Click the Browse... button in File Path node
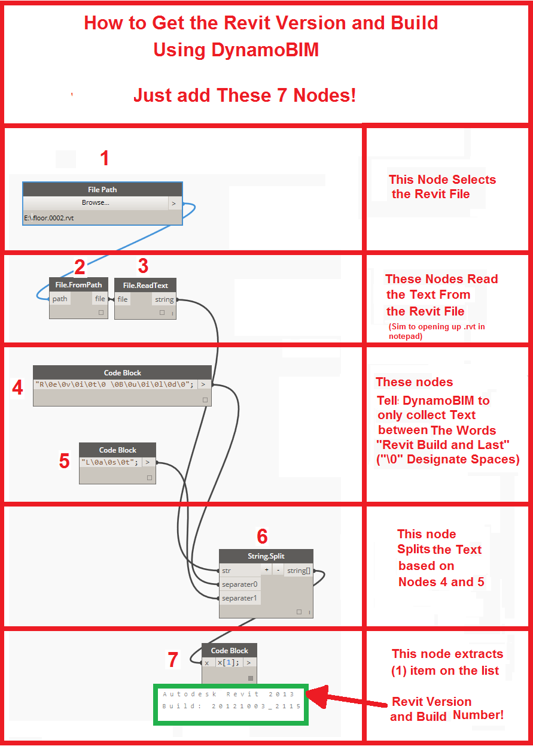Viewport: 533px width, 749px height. pos(96,203)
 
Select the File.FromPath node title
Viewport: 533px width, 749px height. pos(78,285)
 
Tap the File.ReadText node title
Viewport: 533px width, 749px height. pos(145,285)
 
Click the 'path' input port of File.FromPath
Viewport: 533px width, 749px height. pos(60,299)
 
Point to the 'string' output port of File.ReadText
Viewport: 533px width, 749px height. pos(164,299)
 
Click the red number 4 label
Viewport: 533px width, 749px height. pos(17,388)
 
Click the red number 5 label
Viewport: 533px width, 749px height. pos(65,460)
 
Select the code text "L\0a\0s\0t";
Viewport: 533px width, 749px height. pos(110,462)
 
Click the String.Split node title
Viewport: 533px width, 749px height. pos(266,556)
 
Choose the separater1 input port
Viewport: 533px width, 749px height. pos(239,598)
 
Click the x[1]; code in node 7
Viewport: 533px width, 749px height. pos(228,663)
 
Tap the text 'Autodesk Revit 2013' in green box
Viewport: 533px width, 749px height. pos(229,694)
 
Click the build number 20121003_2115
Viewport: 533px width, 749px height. pos(251,706)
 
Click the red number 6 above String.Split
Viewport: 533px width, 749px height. pos(262,536)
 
